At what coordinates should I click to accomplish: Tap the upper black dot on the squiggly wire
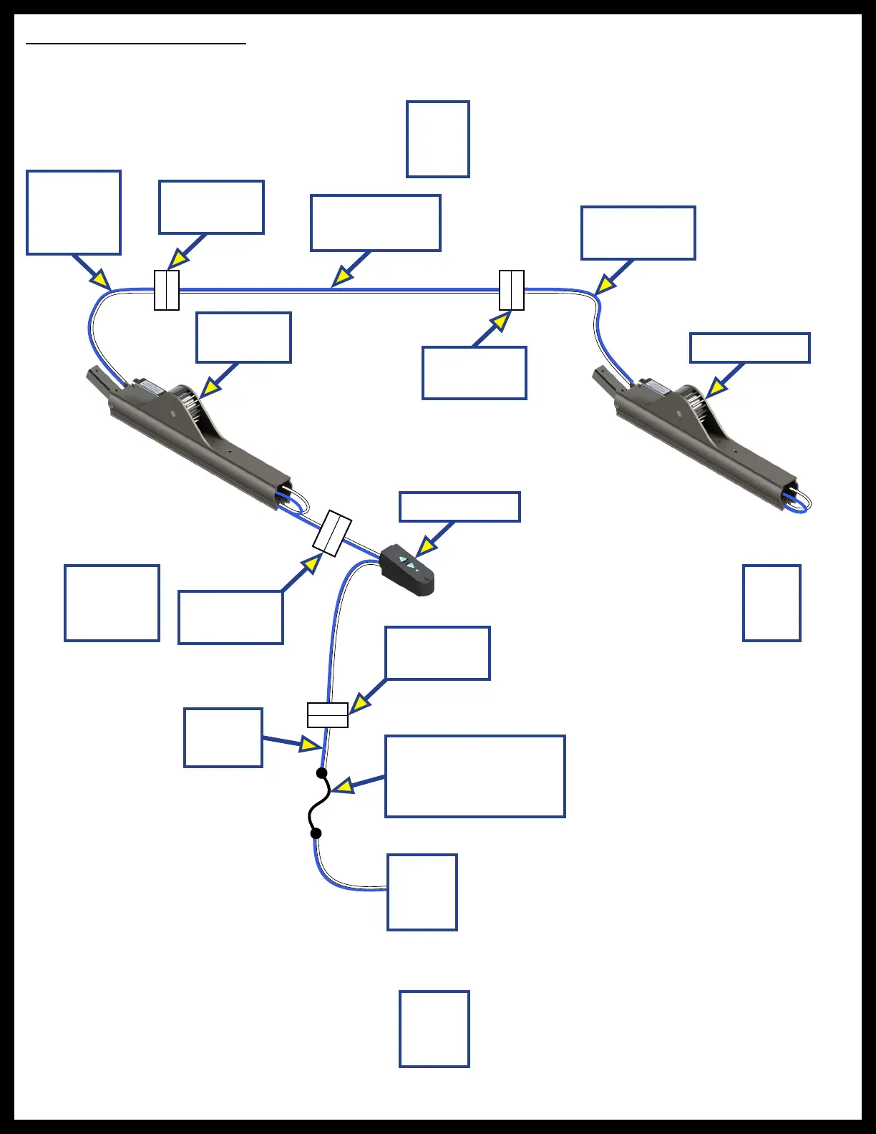click(322, 773)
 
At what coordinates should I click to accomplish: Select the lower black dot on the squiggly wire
click(316, 833)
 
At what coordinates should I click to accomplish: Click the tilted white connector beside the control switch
click(332, 533)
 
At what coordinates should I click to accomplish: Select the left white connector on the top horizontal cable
click(167, 290)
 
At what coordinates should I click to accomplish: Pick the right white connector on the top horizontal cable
click(512, 290)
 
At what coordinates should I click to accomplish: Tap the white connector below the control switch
click(328, 715)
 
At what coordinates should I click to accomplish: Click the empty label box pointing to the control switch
click(459, 507)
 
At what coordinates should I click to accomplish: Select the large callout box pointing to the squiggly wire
click(475, 776)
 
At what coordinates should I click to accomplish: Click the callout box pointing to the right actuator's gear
click(750, 348)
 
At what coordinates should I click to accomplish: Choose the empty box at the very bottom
click(434, 1029)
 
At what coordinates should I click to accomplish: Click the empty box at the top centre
click(438, 139)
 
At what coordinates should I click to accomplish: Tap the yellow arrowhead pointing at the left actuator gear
click(208, 389)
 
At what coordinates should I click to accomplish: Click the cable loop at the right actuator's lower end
click(799, 503)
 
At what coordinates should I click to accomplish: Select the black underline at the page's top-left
click(136, 44)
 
